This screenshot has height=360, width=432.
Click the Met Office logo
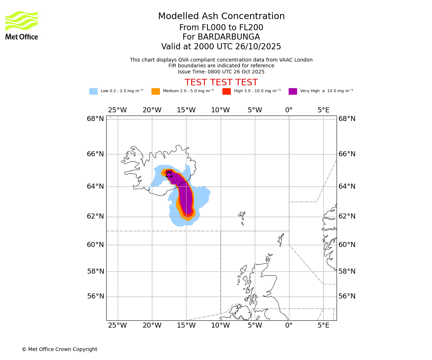[x=22, y=25]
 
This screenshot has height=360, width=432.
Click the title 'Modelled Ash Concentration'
[x=221, y=17]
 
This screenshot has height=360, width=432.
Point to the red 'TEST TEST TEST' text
[x=221, y=82]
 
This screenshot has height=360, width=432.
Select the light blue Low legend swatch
[x=93, y=91]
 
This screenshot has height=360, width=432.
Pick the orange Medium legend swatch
[x=156, y=91]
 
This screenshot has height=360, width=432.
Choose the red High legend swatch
[x=226, y=91]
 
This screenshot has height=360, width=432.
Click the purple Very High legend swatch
[x=293, y=91]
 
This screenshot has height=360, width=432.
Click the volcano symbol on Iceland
[x=169, y=174]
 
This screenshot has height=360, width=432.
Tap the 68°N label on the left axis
[x=95, y=119]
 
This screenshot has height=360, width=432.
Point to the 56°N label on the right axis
[x=347, y=296]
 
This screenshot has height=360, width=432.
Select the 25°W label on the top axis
[x=117, y=110]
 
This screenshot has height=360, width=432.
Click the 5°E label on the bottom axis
[x=323, y=326]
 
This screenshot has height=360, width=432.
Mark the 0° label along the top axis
[x=289, y=110]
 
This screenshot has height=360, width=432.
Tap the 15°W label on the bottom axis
[x=186, y=326]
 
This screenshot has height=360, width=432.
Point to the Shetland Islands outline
[x=281, y=239]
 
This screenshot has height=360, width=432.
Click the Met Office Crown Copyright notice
[x=59, y=349]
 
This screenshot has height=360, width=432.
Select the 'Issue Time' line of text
[x=221, y=72]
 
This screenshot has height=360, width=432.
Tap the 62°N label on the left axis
[x=95, y=216]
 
